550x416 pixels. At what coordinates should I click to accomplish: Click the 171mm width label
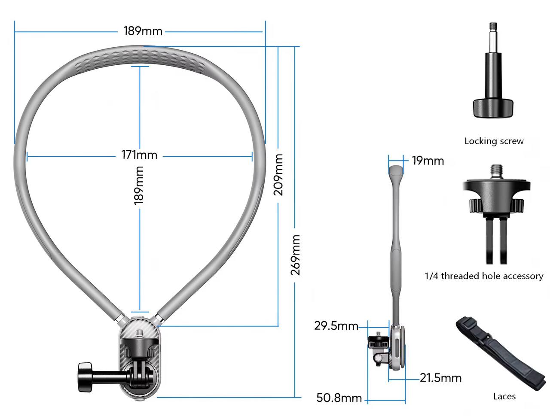pyautogui.click(x=139, y=155)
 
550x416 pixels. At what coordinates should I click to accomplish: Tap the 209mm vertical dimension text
pyautogui.click(x=278, y=175)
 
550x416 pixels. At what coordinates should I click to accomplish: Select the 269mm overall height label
pyautogui.click(x=295, y=255)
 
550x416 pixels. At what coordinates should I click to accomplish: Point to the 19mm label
pyautogui.click(x=428, y=161)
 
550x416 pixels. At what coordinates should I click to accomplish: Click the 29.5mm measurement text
pyautogui.click(x=336, y=326)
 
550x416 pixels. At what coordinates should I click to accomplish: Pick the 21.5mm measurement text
pyautogui.click(x=440, y=378)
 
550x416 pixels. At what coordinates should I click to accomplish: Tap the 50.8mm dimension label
pyautogui.click(x=339, y=398)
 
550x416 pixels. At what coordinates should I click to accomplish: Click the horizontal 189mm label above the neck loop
pyautogui.click(x=143, y=31)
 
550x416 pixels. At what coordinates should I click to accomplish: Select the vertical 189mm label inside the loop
pyautogui.click(x=138, y=185)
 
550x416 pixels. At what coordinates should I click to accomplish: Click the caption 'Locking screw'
pyautogui.click(x=494, y=141)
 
